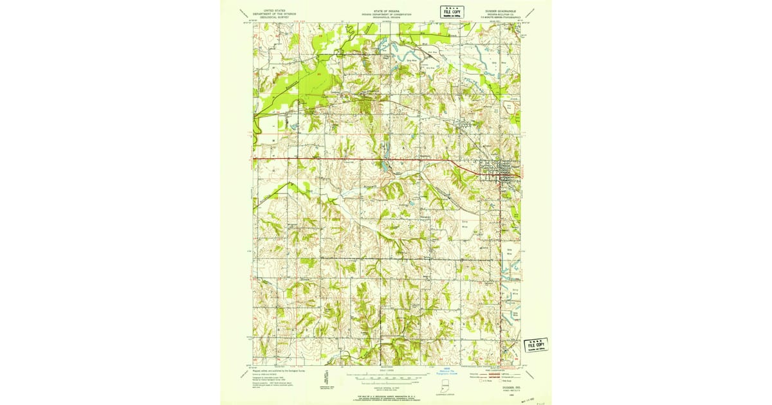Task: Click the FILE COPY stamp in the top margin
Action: (452, 10)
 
